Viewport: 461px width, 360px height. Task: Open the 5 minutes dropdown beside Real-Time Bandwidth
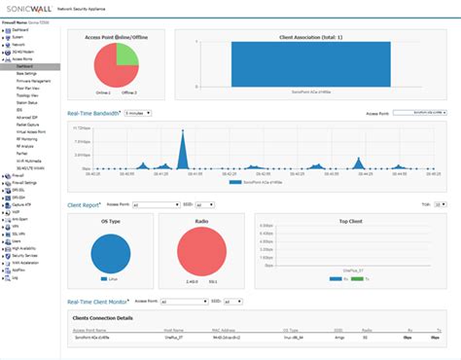coord(140,113)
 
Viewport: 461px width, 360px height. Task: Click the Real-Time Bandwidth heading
coord(93,113)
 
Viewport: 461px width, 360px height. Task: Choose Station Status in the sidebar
coord(28,102)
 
